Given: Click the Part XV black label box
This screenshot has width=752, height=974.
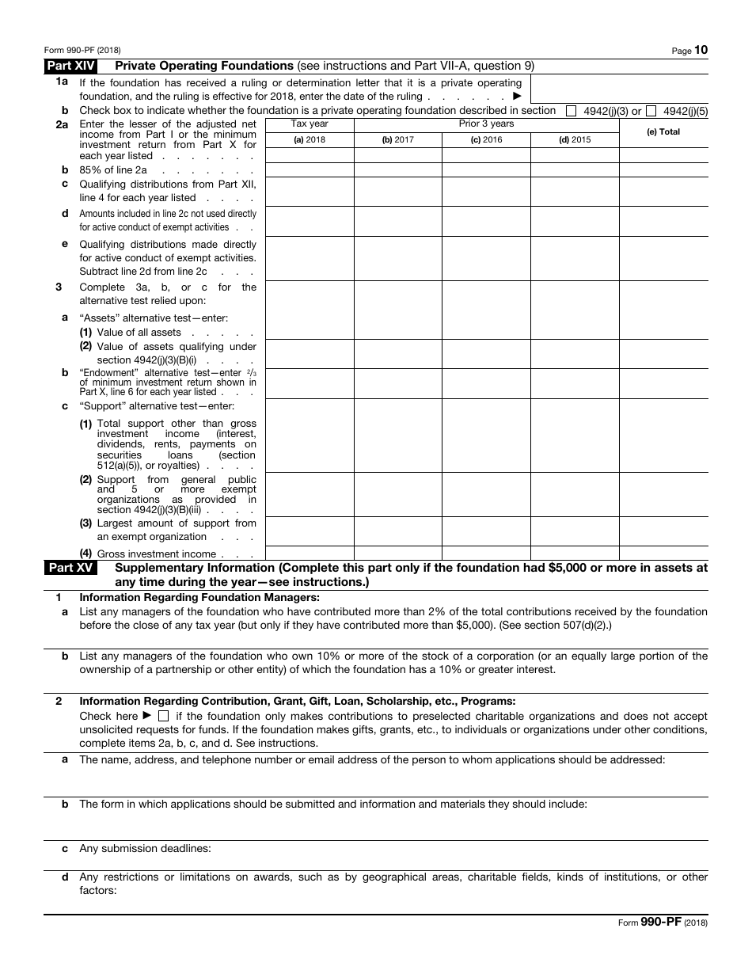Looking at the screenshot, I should [71, 568].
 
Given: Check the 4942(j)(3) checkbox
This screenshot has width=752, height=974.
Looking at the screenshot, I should [571, 112].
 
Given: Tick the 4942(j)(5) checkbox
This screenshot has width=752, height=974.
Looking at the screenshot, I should [651, 112].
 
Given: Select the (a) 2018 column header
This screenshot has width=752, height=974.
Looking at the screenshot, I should [310, 140].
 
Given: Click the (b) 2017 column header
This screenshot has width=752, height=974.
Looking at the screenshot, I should [397, 140].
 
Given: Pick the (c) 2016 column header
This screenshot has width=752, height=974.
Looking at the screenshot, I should [486, 140].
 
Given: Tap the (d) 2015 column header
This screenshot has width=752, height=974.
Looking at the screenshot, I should [575, 140].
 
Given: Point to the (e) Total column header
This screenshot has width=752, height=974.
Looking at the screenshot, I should [663, 132].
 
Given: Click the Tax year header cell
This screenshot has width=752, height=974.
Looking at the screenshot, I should [310, 124].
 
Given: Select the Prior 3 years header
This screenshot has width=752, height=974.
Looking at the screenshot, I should [486, 124].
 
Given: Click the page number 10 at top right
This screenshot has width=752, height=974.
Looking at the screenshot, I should [701, 50].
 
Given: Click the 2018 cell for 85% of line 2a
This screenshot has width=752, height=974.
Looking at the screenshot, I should [310, 169].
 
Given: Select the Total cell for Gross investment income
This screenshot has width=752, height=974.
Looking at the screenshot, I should [663, 553].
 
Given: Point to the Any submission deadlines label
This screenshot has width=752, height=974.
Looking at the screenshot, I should [145, 849].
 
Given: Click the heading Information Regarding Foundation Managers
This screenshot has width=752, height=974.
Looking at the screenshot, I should [199, 598].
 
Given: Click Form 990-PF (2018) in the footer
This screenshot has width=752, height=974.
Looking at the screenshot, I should [663, 923].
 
